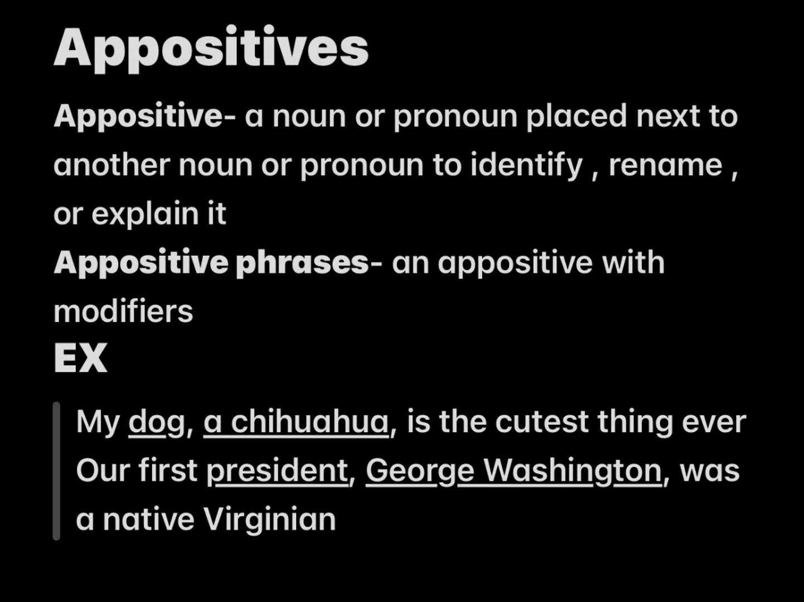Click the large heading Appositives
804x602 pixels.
tap(211, 48)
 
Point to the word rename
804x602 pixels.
tap(665, 166)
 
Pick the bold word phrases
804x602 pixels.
tap(302, 263)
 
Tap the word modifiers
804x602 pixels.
tap(123, 311)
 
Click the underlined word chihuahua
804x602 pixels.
tap(309, 422)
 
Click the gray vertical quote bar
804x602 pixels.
tap(56, 471)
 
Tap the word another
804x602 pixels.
tap(112, 166)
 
